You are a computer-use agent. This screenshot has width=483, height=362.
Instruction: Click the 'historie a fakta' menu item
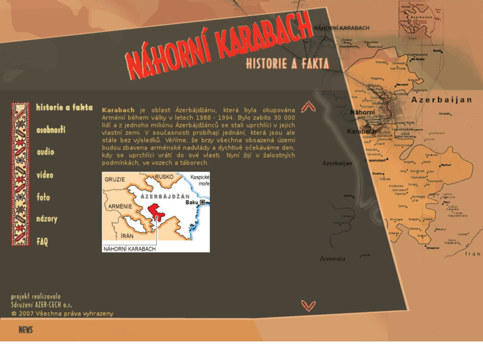coord(64,108)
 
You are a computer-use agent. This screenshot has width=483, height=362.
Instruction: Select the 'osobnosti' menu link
coord(51,130)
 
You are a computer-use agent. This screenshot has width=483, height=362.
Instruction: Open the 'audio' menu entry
coord(45,152)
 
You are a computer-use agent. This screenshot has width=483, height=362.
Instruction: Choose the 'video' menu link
coord(45,175)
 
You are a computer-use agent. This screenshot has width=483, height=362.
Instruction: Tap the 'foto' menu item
coord(43,197)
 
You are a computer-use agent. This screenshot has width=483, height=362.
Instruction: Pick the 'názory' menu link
coord(47,219)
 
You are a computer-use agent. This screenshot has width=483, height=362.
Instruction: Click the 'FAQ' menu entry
coord(43,242)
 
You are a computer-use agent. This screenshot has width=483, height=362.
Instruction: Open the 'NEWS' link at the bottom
coord(26,330)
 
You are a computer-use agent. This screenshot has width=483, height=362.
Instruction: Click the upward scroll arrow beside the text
coord(308,107)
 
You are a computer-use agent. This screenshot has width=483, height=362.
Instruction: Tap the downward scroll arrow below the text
coord(308,306)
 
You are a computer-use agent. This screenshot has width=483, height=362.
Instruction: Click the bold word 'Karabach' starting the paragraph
coord(118,109)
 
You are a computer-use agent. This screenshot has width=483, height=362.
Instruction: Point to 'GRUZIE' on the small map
coord(115,179)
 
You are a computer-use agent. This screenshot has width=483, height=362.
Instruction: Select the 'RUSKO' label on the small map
coord(163,177)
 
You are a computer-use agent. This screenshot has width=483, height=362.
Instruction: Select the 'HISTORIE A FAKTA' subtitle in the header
coord(287,64)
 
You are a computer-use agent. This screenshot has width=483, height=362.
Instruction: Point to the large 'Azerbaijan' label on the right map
coord(441,100)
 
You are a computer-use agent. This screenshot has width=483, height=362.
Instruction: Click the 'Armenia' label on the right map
coord(332,258)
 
